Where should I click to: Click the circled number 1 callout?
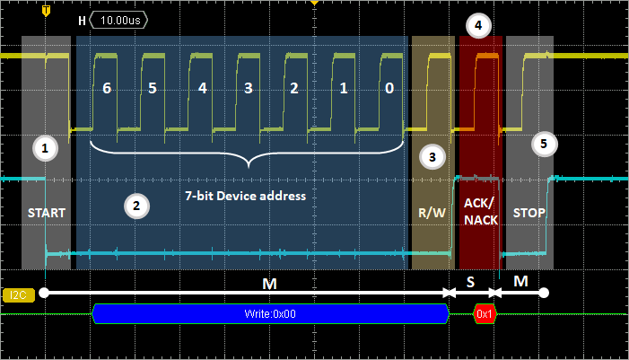[x=44, y=148]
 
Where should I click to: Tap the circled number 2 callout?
[x=135, y=206]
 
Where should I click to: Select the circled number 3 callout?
[x=432, y=156]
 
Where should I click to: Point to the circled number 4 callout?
[x=479, y=25]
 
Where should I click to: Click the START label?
[x=45, y=213]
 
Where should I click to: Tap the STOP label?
[x=529, y=213]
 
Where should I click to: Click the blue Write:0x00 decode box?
[x=270, y=313]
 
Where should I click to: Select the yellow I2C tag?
[x=17, y=294]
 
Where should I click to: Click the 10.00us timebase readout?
[x=119, y=19]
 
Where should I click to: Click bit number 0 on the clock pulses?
[x=388, y=90]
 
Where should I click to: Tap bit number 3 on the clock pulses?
[x=248, y=90]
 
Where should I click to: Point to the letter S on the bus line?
[x=470, y=281]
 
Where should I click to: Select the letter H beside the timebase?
[x=83, y=19]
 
